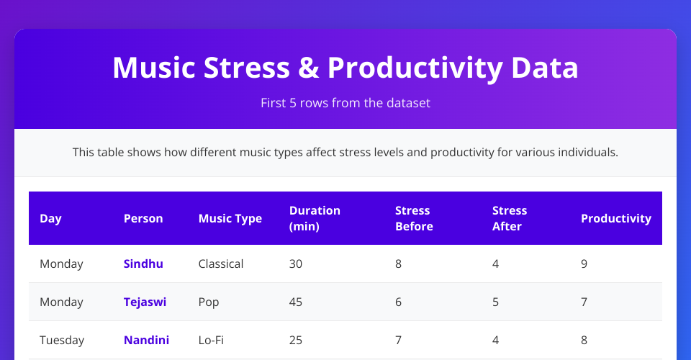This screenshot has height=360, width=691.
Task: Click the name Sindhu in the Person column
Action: pos(143,264)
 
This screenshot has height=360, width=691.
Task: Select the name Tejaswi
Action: pos(145,302)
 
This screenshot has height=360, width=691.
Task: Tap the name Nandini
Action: pos(146,340)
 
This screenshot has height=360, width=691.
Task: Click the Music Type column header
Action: pos(230,219)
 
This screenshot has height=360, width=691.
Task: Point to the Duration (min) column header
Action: pos(315,219)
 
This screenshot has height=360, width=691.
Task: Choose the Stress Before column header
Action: pos(415,219)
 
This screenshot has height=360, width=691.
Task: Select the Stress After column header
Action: pos(510,219)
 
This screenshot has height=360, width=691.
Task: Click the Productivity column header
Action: pos(616,219)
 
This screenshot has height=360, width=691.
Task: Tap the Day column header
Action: pos(50,219)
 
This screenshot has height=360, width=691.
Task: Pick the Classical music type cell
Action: pos(221,264)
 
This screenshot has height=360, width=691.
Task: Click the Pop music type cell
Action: pos(209,302)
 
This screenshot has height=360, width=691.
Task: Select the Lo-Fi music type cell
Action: pos(211,340)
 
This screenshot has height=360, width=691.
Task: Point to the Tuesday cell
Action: pos(62,340)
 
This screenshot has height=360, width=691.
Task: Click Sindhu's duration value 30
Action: pos(296,264)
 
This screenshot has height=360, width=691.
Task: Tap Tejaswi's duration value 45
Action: pos(296,302)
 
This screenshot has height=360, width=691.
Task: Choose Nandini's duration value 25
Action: pos(296,340)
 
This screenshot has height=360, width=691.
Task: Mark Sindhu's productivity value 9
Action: pos(584,264)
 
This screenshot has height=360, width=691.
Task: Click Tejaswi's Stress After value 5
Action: pos(495,302)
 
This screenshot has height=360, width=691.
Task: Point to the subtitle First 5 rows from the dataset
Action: pos(345,103)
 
